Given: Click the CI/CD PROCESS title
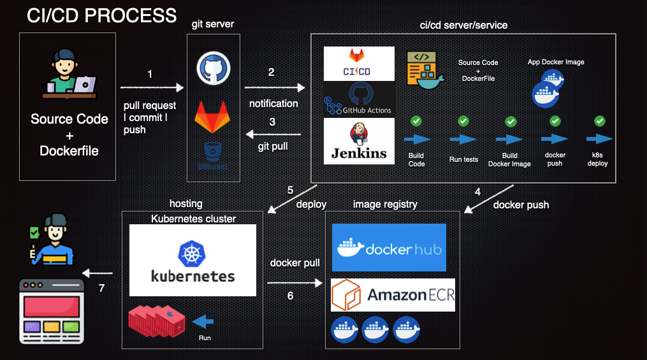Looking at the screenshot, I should [101, 15].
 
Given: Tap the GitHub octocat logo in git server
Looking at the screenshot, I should [213, 67].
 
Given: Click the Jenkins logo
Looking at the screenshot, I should [359, 141].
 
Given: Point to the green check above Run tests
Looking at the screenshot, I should [463, 121].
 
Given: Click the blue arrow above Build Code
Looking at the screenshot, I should [417, 140].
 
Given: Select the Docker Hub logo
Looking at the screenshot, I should [389, 248].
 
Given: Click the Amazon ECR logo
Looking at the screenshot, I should [393, 295].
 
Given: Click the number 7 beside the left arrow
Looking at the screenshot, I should [101, 288].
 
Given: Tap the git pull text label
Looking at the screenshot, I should [273, 146].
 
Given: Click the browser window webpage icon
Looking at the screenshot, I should [52, 311].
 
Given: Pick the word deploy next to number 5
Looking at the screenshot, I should [311, 205].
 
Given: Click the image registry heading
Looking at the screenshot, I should [385, 204].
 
